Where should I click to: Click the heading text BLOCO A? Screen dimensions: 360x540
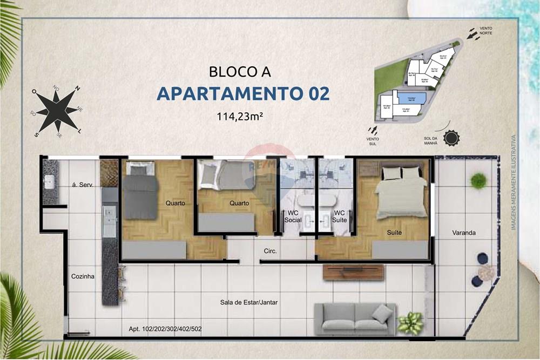pos(240,71)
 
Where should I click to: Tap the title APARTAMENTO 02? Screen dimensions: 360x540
pos(243,93)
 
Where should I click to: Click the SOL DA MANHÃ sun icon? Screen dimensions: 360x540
pos(450,138)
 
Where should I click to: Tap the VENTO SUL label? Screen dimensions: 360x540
pos(373,141)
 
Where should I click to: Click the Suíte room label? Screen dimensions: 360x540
pos(394,233)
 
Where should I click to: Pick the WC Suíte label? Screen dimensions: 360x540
pos(340,216)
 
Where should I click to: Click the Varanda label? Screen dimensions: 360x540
pos(464,233)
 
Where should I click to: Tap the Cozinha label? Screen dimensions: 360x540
pos(83,276)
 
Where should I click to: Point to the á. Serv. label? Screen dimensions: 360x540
pos(83,185)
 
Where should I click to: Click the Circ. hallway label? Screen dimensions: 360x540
pos(270,251)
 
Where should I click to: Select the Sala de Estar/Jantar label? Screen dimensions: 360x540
pos(249,302)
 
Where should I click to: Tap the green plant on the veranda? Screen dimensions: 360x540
pos(478,180)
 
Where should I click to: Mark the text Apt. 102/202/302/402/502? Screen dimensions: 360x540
pos(165,328)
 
